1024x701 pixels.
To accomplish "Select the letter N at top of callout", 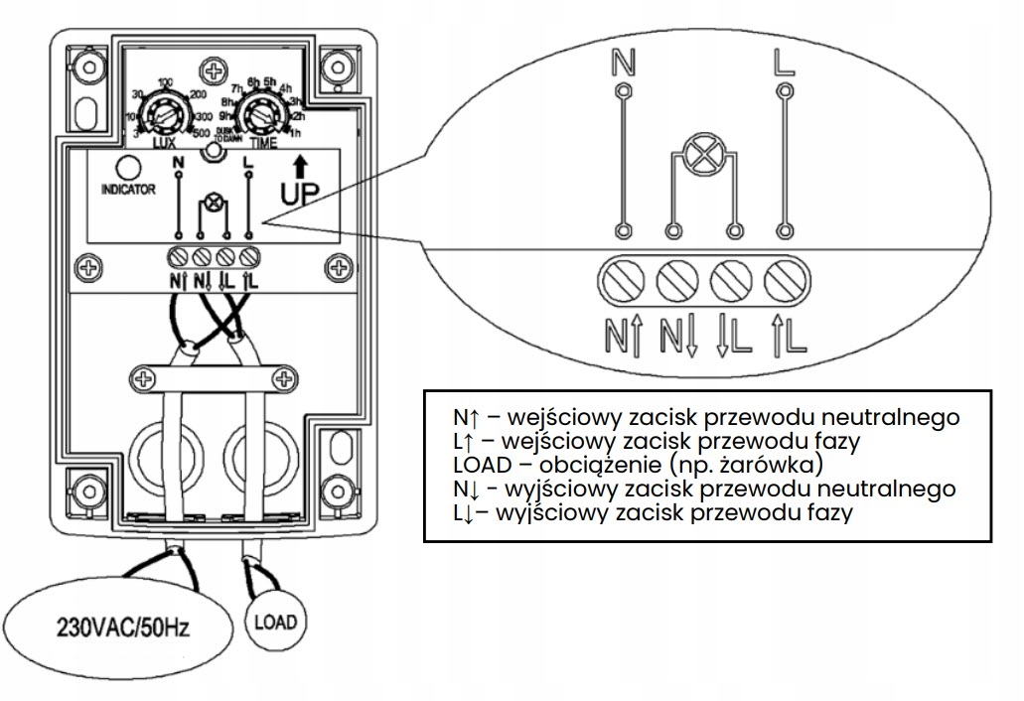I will pyautogui.click(x=623, y=65).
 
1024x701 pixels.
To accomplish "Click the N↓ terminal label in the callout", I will pyautogui.click(x=679, y=335).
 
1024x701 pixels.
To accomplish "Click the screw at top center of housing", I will pyautogui.click(x=213, y=70).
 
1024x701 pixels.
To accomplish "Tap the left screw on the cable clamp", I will pyautogui.click(x=141, y=377).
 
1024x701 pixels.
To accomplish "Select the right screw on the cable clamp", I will pyautogui.click(x=285, y=377).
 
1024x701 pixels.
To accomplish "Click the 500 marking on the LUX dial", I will pyautogui.click(x=202, y=134).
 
